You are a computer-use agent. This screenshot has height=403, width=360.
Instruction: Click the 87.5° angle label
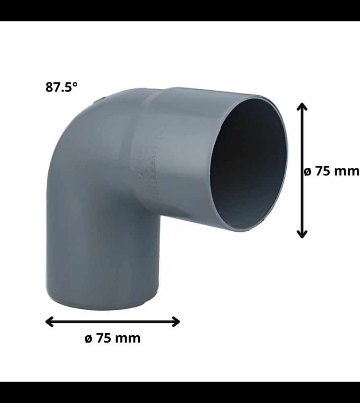click(x=61, y=87)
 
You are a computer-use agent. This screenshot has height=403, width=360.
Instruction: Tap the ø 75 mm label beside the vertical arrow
click(x=331, y=171)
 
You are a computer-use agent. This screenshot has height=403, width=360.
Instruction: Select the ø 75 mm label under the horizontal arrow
click(x=113, y=338)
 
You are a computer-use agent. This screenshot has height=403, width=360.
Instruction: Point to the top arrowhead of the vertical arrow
click(x=302, y=106)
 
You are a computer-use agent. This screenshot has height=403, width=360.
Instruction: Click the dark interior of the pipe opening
click(x=250, y=161)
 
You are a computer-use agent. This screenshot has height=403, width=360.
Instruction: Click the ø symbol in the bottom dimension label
click(x=89, y=339)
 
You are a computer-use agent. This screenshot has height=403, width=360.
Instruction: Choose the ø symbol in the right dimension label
click(x=307, y=172)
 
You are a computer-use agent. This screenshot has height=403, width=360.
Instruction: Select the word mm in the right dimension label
click(x=347, y=172)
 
